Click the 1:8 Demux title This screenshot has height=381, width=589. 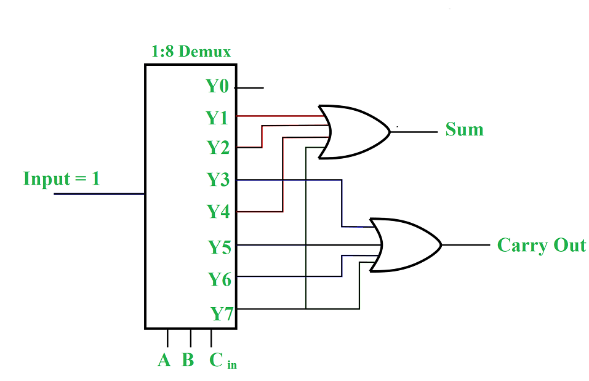click(191, 52)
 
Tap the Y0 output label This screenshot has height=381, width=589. click(217, 86)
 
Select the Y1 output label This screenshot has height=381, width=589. click(217, 117)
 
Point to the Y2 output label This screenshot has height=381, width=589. click(217, 148)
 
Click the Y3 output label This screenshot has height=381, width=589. click(218, 180)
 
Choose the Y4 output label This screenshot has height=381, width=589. click(218, 212)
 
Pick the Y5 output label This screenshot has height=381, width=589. click(219, 247)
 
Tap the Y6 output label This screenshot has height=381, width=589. click(219, 279)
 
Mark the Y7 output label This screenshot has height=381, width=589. click(222, 314)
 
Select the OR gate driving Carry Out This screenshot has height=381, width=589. click(406, 244)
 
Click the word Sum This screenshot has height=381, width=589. click(464, 130)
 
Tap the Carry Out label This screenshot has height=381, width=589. click(541, 245)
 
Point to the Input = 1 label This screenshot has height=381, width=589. click(61, 179)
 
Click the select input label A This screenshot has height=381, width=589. click(164, 360)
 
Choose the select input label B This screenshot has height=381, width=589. click(188, 360)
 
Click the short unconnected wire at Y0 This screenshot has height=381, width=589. click(249, 87)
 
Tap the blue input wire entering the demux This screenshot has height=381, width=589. click(98, 194)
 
